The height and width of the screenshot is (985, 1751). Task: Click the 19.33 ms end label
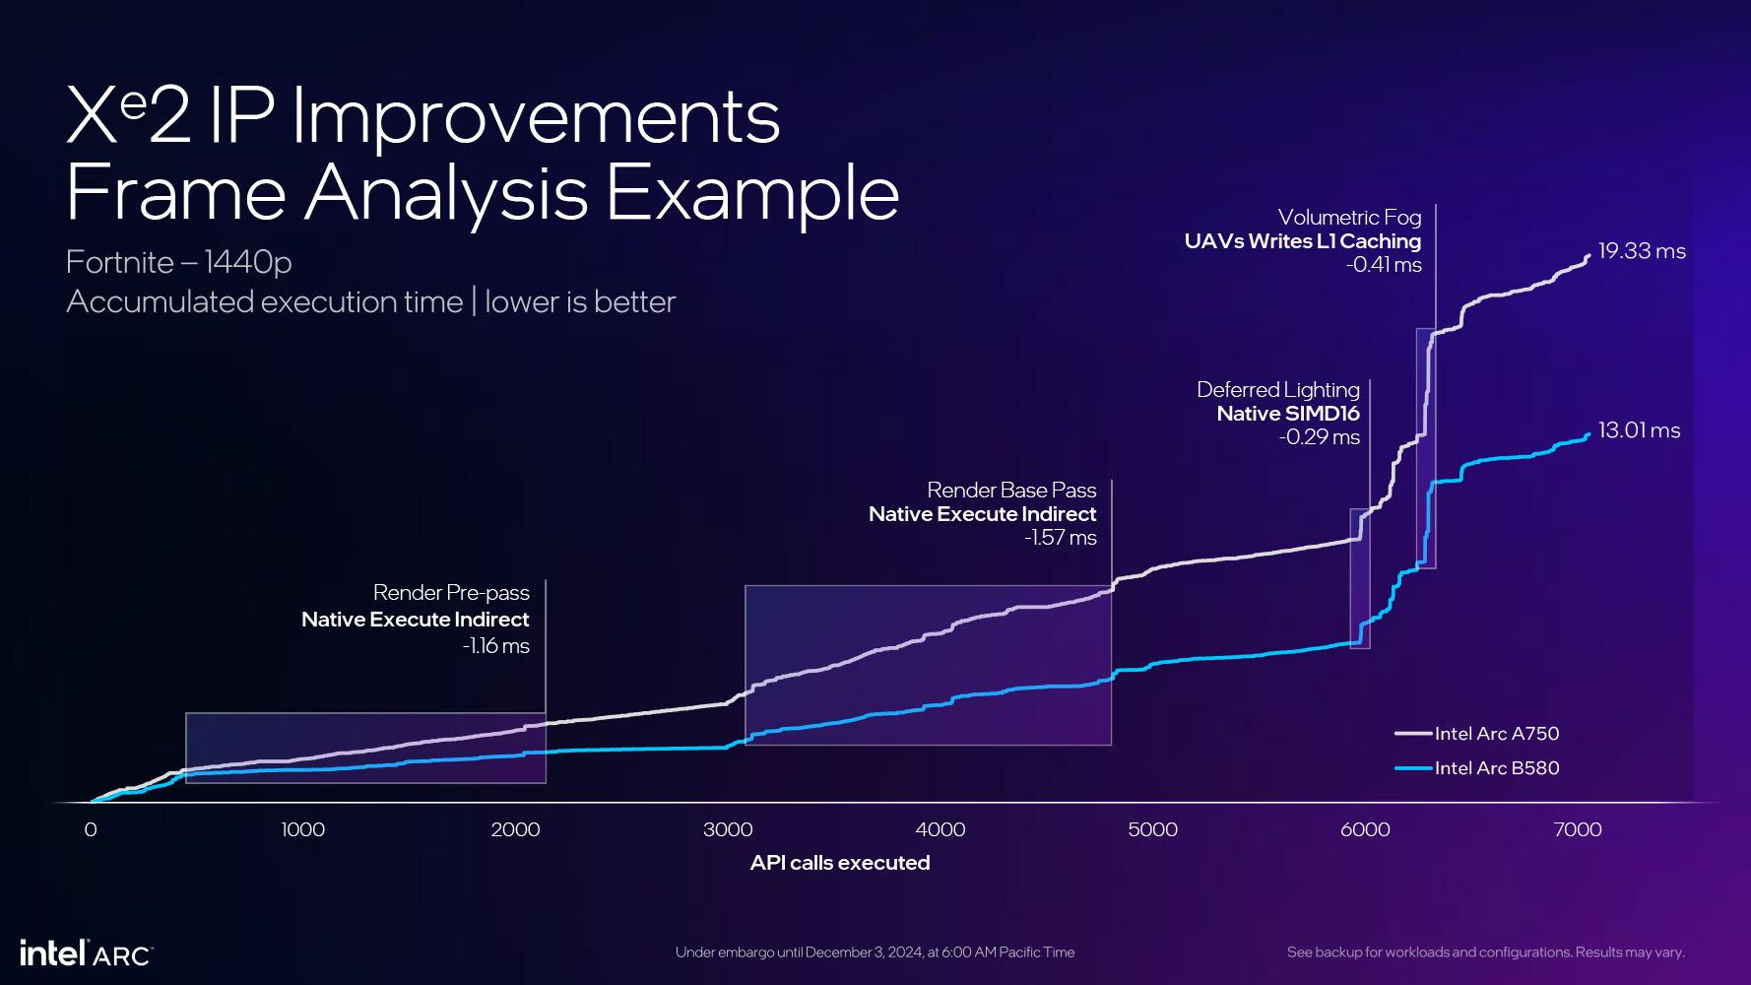[1641, 251]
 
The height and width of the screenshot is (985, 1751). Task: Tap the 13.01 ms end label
[1639, 430]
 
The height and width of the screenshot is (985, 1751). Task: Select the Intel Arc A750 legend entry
[1496, 733]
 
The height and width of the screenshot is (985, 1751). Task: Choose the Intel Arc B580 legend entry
[1496, 768]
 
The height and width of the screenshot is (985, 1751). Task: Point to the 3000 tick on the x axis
[728, 829]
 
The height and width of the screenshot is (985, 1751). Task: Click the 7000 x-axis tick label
[1578, 829]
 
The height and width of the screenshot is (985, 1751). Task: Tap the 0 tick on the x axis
[91, 829]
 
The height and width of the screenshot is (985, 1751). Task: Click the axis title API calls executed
[840, 863]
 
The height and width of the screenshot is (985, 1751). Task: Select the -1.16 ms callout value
[495, 646]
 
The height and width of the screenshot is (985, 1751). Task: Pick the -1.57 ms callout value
[1060, 538]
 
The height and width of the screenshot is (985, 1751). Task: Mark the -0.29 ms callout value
[1319, 437]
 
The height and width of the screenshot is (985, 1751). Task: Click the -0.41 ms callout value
[1384, 265]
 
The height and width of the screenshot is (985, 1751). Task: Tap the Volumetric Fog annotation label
[1349, 217]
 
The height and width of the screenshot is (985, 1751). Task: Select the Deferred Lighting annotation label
[1277, 390]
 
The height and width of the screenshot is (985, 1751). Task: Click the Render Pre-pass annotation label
[451, 593]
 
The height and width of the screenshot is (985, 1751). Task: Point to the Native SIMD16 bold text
[1287, 414]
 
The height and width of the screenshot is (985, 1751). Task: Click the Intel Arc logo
[86, 953]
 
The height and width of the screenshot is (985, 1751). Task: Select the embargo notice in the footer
[875, 952]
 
